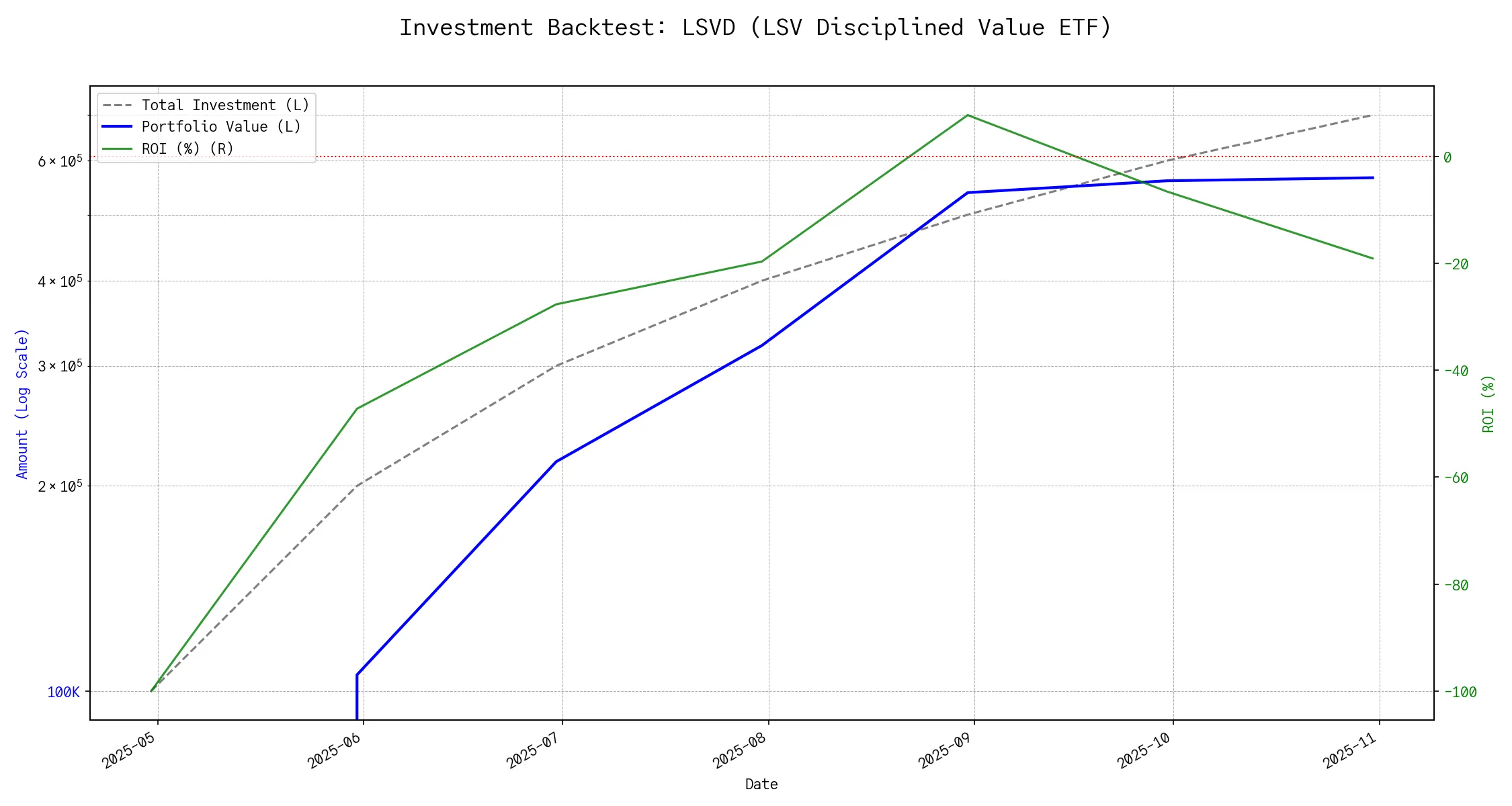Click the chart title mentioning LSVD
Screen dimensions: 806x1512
[x=755, y=28]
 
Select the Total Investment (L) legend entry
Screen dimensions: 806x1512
[x=224, y=105]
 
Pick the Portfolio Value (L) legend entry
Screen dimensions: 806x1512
[x=220, y=127]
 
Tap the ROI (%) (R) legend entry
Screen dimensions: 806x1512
[x=187, y=148]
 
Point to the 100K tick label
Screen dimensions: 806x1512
[x=63, y=692]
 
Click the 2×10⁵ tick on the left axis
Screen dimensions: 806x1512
[x=60, y=486]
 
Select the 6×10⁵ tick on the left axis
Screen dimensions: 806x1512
[x=60, y=161]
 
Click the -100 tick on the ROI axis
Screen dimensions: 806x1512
[x=1459, y=692]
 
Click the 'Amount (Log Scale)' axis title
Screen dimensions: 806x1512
[x=23, y=403]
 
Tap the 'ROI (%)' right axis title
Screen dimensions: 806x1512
[x=1488, y=403]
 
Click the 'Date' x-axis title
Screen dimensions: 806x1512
[x=761, y=784]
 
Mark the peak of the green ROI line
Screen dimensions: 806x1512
[x=967, y=116]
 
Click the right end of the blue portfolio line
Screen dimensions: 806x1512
[x=1373, y=178]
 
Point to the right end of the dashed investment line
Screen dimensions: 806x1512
[x=1373, y=115]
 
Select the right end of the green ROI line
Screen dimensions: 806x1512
[x=1373, y=259]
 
